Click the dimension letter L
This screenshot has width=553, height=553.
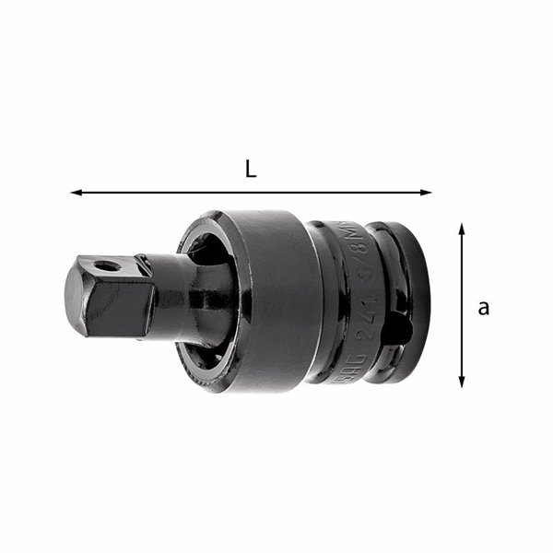(250, 169)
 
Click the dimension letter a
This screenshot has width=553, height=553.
(483, 308)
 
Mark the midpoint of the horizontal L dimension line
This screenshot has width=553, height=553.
(251, 193)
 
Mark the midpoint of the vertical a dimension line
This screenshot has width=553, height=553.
(462, 304)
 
